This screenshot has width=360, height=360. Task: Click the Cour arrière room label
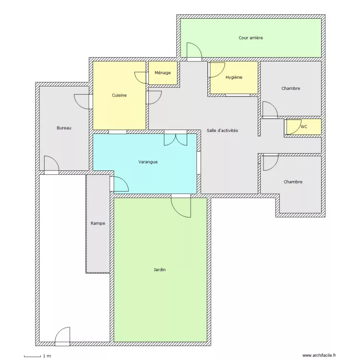pyautogui.click(x=251, y=38)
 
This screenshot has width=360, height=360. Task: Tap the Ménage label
pyautogui.click(x=163, y=73)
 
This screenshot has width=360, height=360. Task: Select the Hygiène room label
pyautogui.click(x=234, y=77)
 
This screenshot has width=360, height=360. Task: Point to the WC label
pyautogui.click(x=303, y=127)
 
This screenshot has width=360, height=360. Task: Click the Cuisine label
pyautogui.click(x=119, y=96)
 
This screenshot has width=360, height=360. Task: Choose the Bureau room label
pyautogui.click(x=64, y=128)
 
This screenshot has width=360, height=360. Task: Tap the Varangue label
pyautogui.click(x=148, y=162)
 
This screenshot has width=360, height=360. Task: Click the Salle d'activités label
pyautogui.click(x=222, y=131)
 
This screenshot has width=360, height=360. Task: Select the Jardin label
pyautogui.click(x=160, y=270)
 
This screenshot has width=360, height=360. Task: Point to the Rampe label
pyautogui.click(x=98, y=224)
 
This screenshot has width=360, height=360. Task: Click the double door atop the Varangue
pyautogui.click(x=175, y=138)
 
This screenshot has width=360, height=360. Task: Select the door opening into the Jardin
pyautogui.click(x=181, y=205)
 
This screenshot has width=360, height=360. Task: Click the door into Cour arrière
pyautogui.click(x=194, y=51)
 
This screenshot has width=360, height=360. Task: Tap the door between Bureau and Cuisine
pyautogui.click(x=83, y=101)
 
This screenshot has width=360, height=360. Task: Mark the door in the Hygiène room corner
pyautogui.click(x=217, y=70)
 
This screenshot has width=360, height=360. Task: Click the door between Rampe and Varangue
pyautogui.click(x=119, y=184)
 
